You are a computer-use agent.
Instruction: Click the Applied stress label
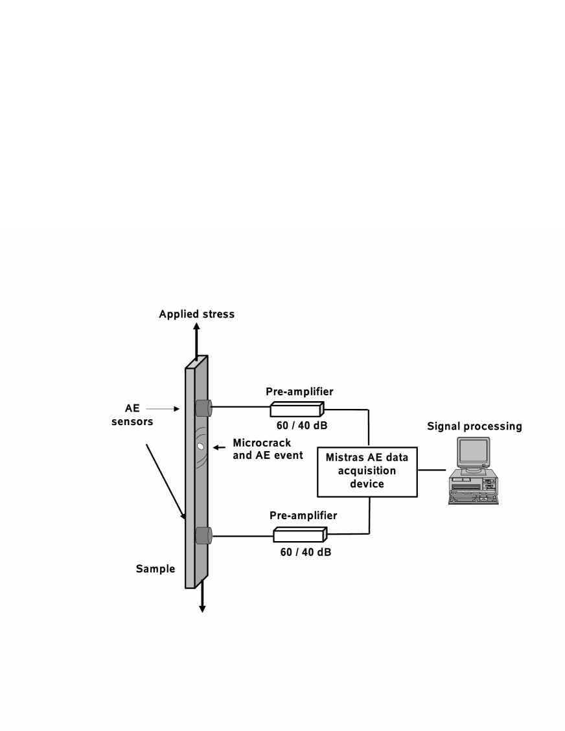tap(197, 314)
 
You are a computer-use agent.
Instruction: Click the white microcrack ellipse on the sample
tap(201, 447)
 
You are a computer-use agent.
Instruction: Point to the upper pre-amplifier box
tap(297, 408)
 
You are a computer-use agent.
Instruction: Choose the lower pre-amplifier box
tap(300, 535)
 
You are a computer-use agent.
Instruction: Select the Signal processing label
tap(474, 426)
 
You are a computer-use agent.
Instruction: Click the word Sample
tap(156, 569)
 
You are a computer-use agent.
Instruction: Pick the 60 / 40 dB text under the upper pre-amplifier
tap(294, 428)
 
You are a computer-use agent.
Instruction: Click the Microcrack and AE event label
tap(268, 449)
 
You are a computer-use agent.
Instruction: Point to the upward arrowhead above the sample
tap(197, 328)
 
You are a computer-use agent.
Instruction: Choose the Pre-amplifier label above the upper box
tap(295, 392)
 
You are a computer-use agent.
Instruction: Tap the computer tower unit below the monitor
tap(474, 491)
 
